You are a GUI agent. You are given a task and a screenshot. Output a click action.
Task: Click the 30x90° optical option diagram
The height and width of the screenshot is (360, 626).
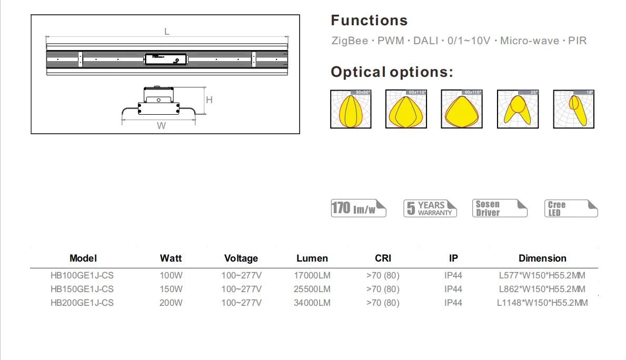(x=351, y=109)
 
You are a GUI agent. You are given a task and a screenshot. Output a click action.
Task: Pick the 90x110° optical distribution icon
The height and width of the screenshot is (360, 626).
(x=462, y=109)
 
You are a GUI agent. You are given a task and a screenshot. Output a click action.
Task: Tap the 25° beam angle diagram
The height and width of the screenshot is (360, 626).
(x=518, y=109)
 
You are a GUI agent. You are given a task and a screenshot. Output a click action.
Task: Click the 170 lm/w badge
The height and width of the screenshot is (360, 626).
(x=358, y=208)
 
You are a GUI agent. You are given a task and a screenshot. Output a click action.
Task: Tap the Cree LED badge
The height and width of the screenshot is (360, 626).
(x=571, y=208)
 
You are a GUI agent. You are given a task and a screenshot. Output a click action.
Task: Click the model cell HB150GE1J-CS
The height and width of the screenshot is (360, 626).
(x=82, y=289)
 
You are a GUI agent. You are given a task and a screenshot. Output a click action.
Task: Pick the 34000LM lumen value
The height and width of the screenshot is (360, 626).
(x=312, y=303)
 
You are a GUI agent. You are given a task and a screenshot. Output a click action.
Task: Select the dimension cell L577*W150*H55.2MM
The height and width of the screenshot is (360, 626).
(x=542, y=275)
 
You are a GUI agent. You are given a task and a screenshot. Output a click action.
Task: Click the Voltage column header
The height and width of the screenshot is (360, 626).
(x=241, y=258)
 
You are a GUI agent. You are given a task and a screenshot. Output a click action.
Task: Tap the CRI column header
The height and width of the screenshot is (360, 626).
(x=383, y=258)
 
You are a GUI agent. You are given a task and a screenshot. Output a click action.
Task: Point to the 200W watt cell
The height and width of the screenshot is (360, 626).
(x=171, y=303)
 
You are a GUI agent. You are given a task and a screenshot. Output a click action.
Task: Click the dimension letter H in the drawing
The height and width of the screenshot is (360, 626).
(x=209, y=100)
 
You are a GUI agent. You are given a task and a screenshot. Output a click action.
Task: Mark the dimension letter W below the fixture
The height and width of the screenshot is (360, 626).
(x=162, y=126)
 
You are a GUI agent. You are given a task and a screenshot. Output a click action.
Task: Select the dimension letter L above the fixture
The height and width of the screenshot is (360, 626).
(x=167, y=32)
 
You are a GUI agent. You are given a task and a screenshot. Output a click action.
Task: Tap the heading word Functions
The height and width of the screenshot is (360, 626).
(x=369, y=21)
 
